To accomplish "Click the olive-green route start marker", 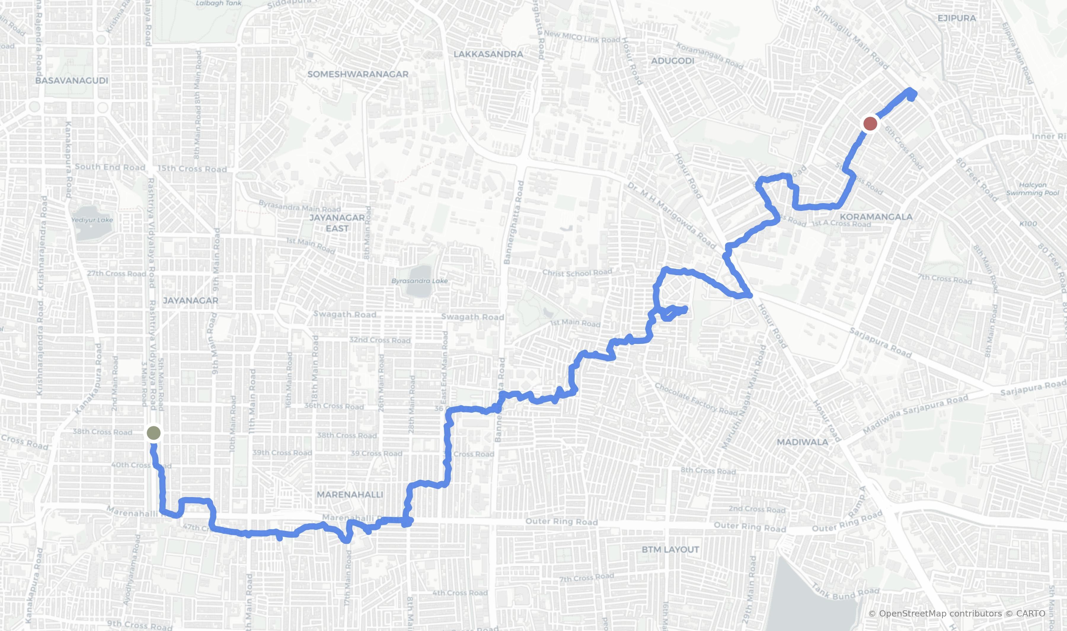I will click(x=154, y=433).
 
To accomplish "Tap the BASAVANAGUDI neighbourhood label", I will click(x=71, y=80).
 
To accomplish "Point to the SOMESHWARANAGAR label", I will click(x=358, y=74).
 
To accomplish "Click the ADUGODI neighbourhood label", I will click(x=672, y=61).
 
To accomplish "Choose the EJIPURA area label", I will click(x=956, y=18).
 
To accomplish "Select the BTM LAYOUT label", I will click(x=670, y=549).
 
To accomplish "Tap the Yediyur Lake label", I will click(x=92, y=220).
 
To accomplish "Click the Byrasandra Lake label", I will click(x=419, y=281).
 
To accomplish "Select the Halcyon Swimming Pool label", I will click(x=1033, y=189).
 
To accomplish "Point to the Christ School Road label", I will click(x=577, y=272).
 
